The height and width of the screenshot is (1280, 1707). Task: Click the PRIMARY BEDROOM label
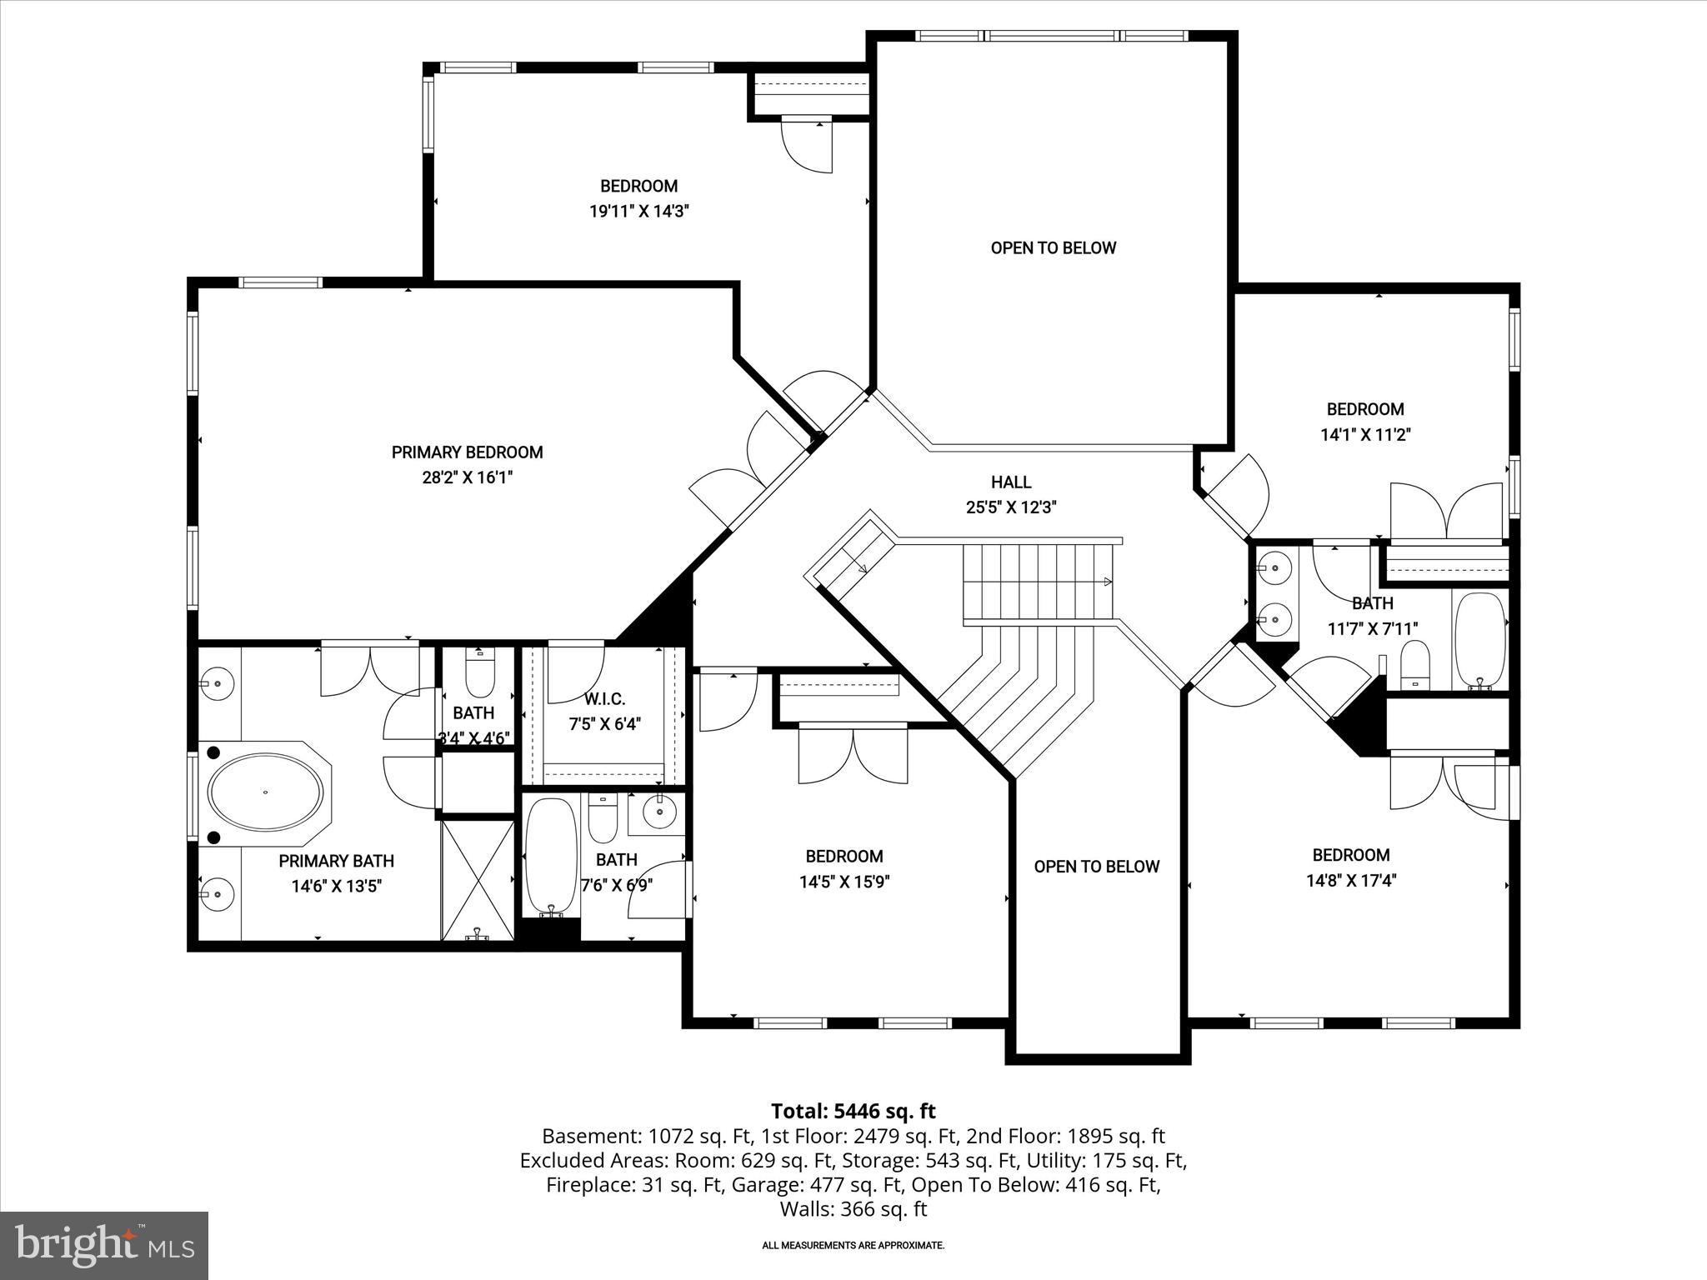pyautogui.click(x=467, y=452)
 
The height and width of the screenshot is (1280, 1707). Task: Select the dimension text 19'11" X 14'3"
pyautogui.click(x=639, y=212)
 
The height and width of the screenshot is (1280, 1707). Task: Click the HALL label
pyautogui.click(x=1010, y=482)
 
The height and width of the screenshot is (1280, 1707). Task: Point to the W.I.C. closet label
pyautogui.click(x=604, y=699)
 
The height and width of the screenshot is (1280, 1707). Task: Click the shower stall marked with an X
pyautogui.click(x=477, y=879)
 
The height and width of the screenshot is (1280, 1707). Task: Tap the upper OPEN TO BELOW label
pyautogui.click(x=1053, y=247)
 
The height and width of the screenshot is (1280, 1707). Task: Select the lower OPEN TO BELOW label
pyautogui.click(x=1096, y=867)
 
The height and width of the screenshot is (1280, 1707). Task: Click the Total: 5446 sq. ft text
pyautogui.click(x=853, y=1111)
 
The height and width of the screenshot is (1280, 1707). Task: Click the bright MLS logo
pyautogui.click(x=104, y=1246)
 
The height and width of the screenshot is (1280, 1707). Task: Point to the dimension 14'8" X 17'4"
pyautogui.click(x=1350, y=880)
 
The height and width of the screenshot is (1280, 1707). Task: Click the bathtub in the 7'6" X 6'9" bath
pyautogui.click(x=551, y=854)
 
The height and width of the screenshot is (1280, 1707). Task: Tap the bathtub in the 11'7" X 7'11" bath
pyautogui.click(x=1479, y=637)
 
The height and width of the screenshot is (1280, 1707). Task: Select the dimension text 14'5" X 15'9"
pyautogui.click(x=844, y=882)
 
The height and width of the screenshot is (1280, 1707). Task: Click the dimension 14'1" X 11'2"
pyautogui.click(x=1364, y=434)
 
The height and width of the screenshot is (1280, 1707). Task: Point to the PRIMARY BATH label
pyautogui.click(x=336, y=861)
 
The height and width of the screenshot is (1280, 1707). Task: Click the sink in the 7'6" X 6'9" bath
pyautogui.click(x=658, y=811)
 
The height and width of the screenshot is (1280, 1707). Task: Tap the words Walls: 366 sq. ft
pyautogui.click(x=853, y=1208)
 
